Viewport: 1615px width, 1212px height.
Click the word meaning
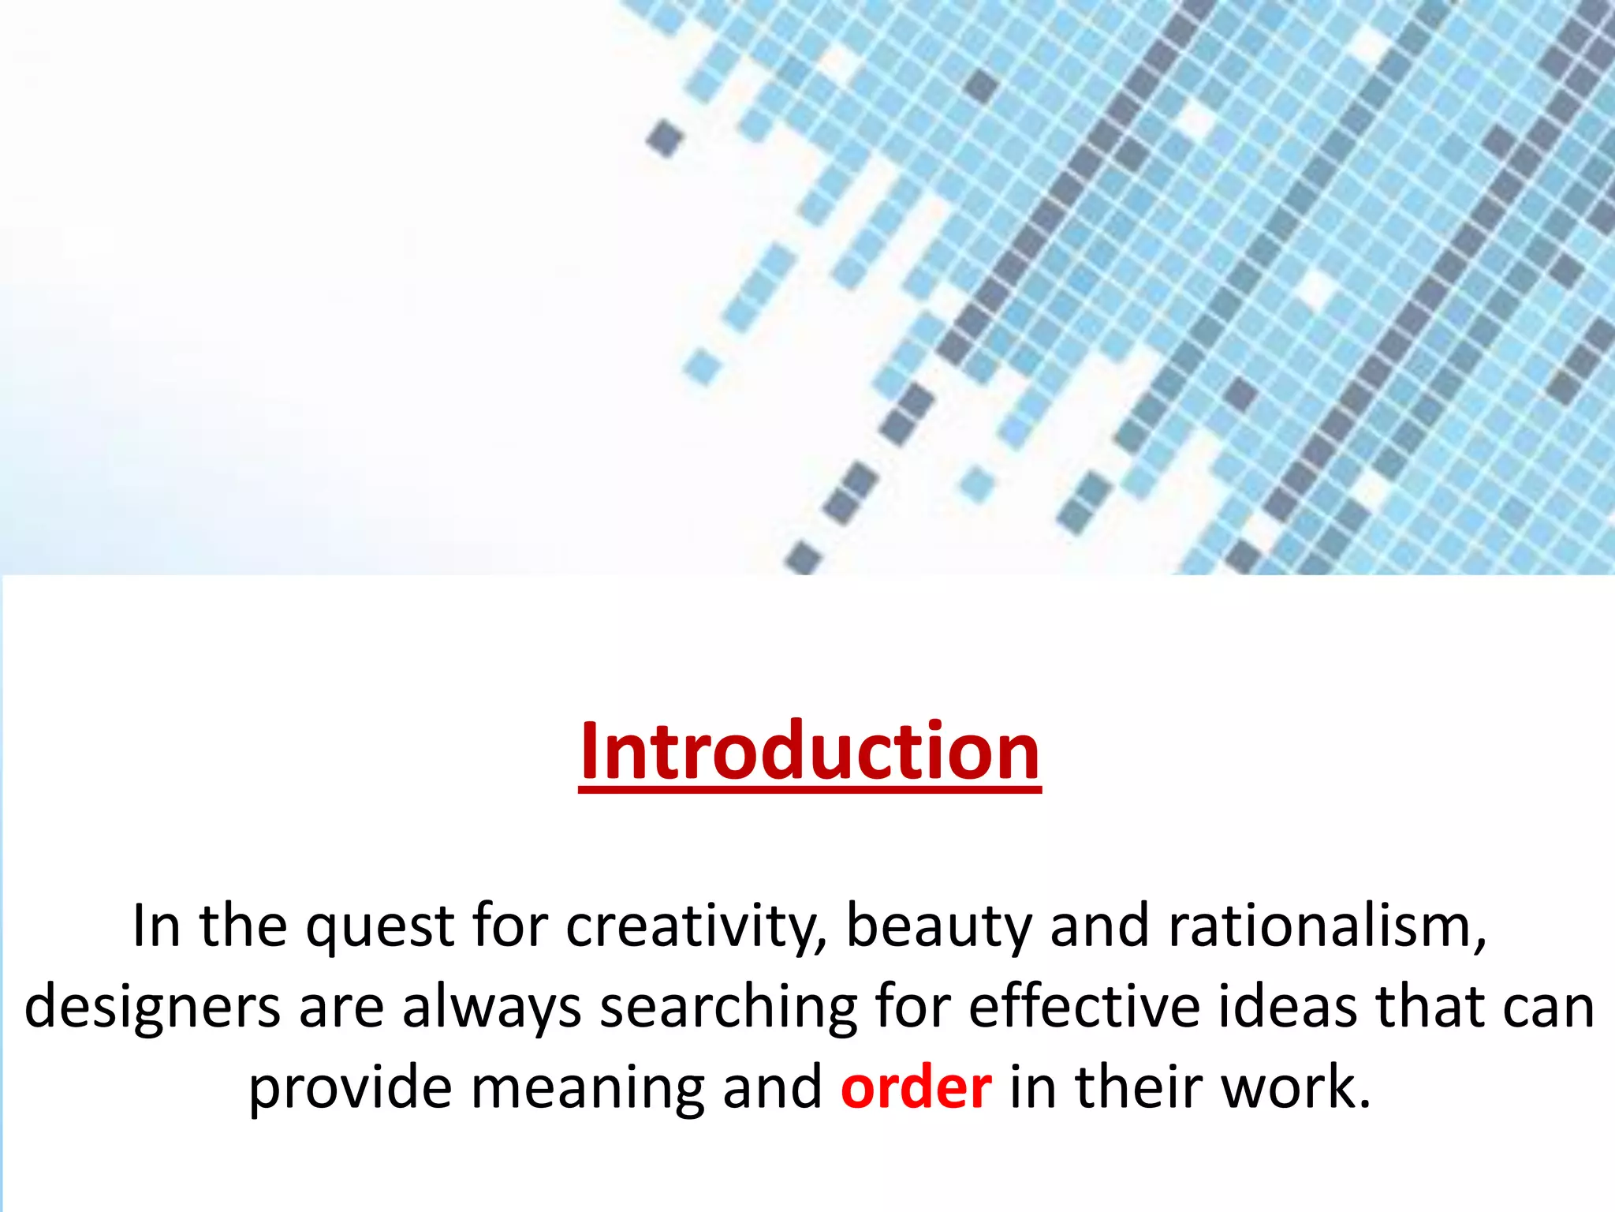(x=587, y=1089)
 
